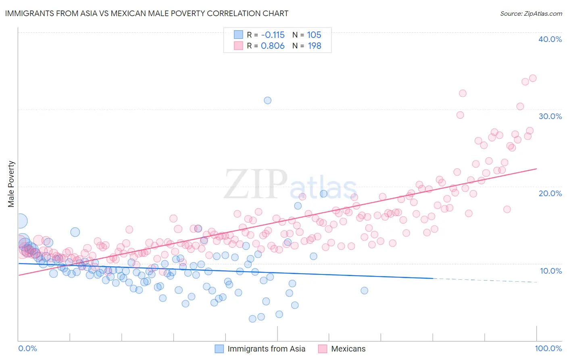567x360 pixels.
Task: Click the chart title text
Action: (146, 13)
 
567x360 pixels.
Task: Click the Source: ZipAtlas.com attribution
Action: (531, 13)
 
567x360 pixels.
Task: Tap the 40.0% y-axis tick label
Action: (550, 39)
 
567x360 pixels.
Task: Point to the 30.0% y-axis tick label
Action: (550, 116)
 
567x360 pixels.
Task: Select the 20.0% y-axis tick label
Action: (550, 193)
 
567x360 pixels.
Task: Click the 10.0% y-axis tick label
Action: (551, 270)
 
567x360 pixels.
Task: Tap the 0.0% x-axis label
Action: (28, 348)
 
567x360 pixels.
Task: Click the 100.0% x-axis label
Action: (548, 348)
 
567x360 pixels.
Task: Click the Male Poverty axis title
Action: (11, 184)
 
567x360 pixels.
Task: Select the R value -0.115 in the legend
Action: (273, 35)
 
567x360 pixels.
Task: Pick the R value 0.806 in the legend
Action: (273, 46)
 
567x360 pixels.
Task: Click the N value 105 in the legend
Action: (314, 35)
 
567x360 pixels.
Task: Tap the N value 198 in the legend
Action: (315, 46)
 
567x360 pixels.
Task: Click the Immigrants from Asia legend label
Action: (266, 349)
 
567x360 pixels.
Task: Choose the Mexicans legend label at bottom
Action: (348, 349)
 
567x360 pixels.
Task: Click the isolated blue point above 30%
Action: (267, 100)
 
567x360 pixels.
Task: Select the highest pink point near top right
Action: (533, 78)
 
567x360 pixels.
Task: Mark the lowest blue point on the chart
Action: (252, 319)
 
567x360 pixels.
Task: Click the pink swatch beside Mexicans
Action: (322, 349)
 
